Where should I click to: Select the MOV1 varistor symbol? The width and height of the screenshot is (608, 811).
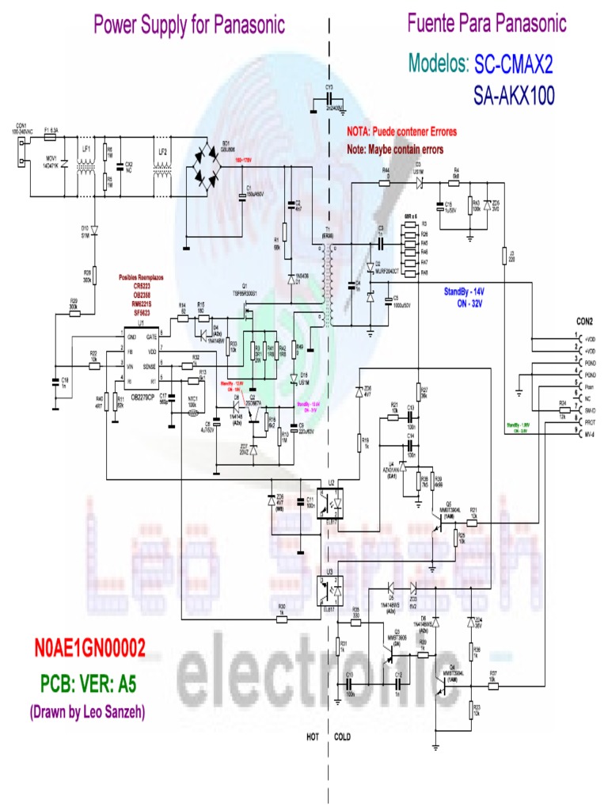coord(63,166)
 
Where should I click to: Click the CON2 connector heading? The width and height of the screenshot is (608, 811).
coord(584,322)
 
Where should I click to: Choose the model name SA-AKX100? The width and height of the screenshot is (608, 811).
coord(514,96)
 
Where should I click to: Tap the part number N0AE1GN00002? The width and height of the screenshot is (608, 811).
coord(89,649)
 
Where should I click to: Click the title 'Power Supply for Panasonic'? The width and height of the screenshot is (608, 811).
coord(189,25)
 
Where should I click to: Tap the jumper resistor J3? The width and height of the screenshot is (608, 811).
coord(503,255)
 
